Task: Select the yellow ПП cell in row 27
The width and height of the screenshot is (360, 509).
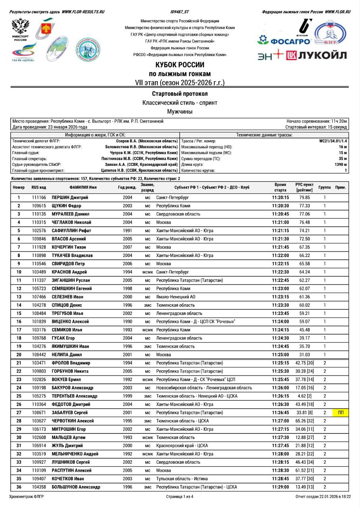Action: [x=341, y=412]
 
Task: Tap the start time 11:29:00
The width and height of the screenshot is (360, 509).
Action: [x=280, y=487]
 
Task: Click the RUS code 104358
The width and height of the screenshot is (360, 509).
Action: [x=39, y=487]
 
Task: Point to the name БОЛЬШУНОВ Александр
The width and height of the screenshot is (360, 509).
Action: [x=76, y=487]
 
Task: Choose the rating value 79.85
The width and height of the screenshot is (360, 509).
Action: [x=304, y=197]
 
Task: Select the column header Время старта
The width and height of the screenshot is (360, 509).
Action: [x=280, y=187]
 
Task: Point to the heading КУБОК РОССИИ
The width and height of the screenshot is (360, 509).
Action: [x=180, y=65]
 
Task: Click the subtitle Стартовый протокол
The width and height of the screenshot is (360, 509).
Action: [x=180, y=94]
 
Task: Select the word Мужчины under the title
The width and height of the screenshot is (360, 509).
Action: [x=180, y=111]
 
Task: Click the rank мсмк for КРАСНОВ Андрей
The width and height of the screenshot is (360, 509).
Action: [x=147, y=272]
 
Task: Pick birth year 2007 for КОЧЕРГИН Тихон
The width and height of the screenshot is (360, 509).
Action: [x=127, y=247]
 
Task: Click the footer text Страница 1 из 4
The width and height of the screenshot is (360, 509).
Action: [x=180, y=497]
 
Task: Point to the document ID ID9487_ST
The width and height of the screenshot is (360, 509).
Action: [x=180, y=12]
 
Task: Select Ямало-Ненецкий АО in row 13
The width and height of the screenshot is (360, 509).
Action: [x=176, y=297]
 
